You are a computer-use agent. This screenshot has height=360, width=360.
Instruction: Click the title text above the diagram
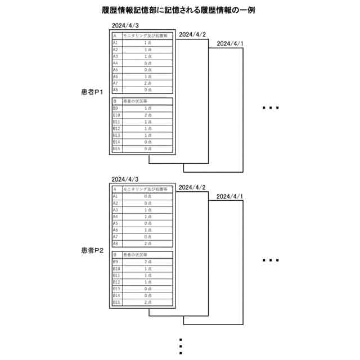[180, 10]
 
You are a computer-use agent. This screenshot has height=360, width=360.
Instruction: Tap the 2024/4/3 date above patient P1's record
[125, 26]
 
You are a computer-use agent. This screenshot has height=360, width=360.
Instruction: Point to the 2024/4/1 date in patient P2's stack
[230, 196]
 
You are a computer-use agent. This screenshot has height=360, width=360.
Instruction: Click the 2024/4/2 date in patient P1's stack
[192, 35]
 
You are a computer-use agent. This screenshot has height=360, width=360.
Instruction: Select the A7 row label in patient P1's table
[115, 83]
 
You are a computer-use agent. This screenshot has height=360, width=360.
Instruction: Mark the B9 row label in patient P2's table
[115, 262]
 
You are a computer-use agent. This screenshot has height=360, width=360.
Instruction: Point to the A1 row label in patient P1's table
[115, 43]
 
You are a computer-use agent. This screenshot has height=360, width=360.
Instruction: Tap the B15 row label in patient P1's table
[116, 148]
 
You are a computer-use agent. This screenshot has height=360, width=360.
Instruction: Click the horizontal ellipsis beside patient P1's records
[271, 107]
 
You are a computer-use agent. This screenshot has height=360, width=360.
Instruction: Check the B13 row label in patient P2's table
[116, 289]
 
